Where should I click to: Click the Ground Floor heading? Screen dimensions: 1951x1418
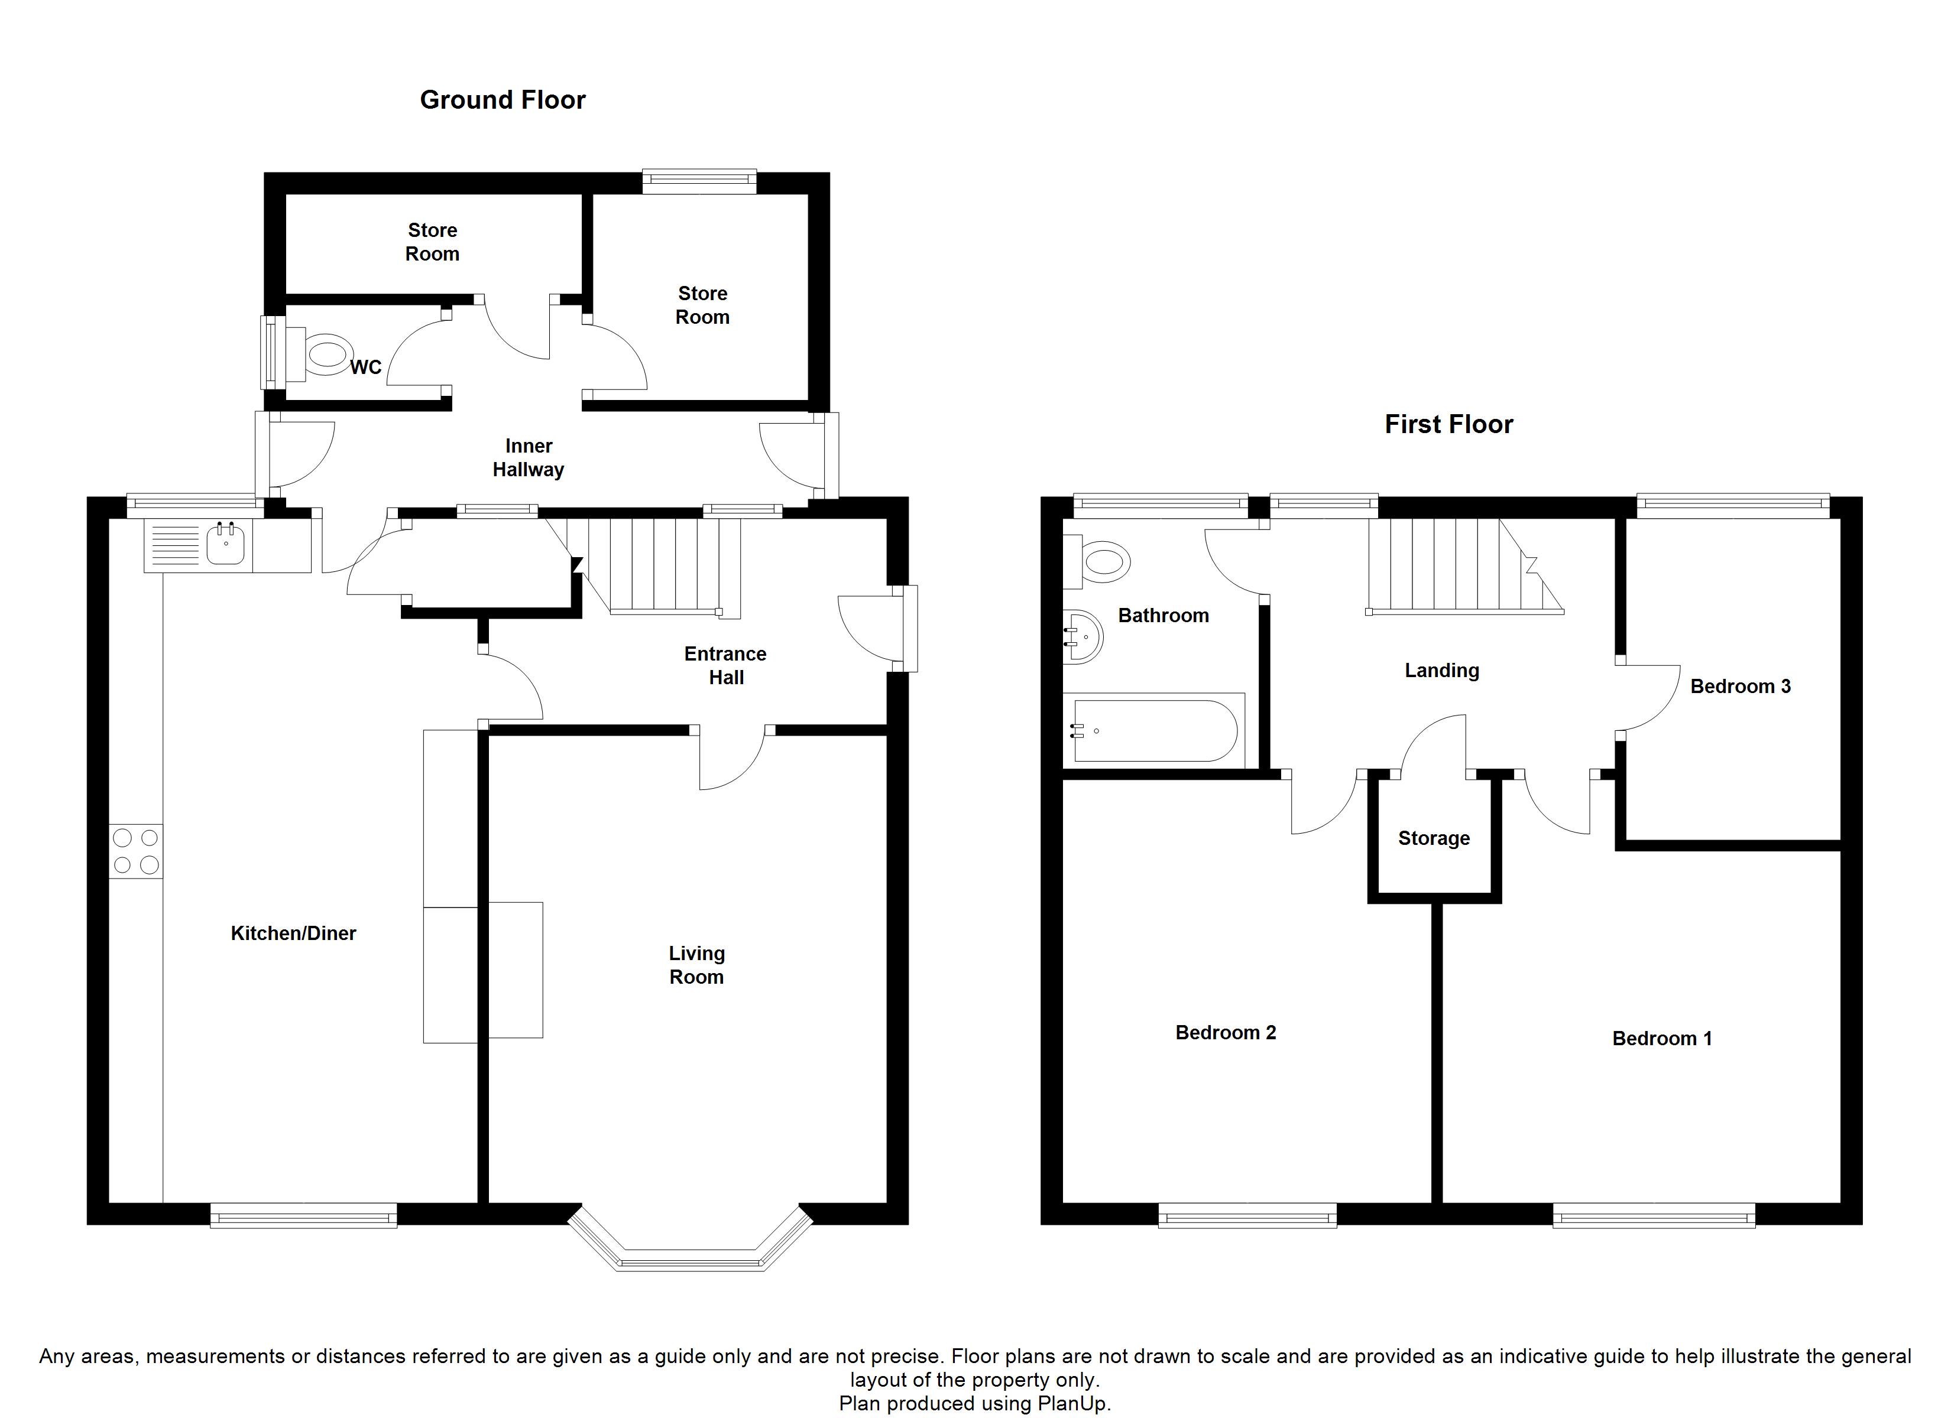503,100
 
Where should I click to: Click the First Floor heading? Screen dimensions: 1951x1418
1448,424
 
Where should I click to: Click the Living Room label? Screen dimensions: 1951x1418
697,965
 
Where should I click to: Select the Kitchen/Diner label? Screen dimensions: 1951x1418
293,933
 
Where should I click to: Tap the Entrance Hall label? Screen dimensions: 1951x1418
725,666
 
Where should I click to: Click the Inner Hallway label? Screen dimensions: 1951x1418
528,457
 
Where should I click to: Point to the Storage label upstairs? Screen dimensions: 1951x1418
1434,838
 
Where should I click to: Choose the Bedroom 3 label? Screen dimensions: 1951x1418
1741,686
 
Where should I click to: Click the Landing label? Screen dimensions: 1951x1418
1442,671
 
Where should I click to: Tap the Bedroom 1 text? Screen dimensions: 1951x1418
1662,1038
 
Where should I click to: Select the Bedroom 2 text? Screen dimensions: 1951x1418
1226,1032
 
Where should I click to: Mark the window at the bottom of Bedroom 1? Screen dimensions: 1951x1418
1654,1215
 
